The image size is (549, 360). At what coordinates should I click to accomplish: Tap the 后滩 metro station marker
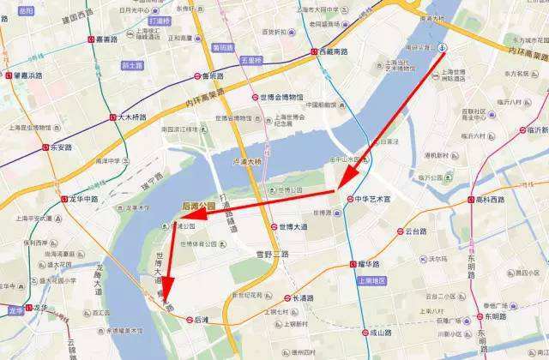click(190, 320)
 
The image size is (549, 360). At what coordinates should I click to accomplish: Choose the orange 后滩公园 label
click(199, 206)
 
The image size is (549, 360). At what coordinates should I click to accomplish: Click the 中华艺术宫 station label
click(374, 199)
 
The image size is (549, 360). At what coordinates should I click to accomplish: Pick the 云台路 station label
click(411, 231)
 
